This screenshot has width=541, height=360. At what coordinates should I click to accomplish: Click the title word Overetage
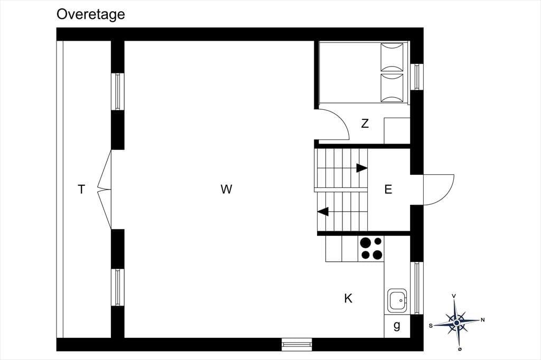click(90, 14)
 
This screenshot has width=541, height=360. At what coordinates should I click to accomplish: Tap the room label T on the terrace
click(81, 190)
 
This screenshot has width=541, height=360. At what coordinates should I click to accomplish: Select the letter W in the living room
click(226, 189)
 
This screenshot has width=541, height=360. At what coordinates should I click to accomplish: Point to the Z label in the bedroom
click(365, 123)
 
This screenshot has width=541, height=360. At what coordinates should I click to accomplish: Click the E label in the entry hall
click(388, 190)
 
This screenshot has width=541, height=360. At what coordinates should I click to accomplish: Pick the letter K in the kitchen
click(348, 298)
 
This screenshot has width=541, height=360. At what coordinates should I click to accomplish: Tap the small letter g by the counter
click(397, 325)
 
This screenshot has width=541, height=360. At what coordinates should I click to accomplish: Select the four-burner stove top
click(371, 249)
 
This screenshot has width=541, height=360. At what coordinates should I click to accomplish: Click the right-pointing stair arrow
click(361, 168)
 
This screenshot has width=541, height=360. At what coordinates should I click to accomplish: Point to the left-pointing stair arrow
click(323, 211)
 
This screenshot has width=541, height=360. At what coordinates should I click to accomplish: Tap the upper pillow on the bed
click(392, 57)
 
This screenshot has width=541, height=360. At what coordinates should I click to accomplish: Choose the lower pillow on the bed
click(392, 88)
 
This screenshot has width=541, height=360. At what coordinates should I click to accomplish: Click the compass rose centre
click(456, 323)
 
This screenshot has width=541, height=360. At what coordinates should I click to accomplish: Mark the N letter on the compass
click(483, 320)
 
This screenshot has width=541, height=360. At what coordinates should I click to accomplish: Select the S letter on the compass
click(431, 326)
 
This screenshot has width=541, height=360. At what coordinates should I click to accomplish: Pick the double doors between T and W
click(105, 190)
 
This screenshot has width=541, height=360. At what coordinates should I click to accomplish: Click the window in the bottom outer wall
click(297, 344)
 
